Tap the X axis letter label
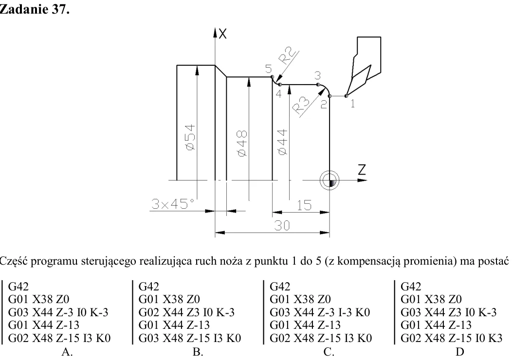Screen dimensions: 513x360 pyautogui.click(x=222, y=34)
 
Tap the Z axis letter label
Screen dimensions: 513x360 pyautogui.click(x=362, y=170)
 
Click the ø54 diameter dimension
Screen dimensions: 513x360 pyautogui.click(x=190, y=137)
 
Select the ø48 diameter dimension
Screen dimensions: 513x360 pyautogui.click(x=242, y=144)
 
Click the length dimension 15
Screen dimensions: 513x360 pyautogui.click(x=304, y=205)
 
